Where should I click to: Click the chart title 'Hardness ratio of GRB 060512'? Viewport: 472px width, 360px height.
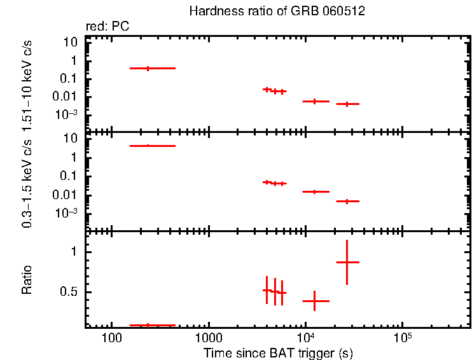tap(277, 11)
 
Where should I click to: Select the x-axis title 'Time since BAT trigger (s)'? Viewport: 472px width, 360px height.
tap(278, 352)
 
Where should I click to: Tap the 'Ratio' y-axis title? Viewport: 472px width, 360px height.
tap(27, 280)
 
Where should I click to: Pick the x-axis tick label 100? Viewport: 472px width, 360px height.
tap(111, 337)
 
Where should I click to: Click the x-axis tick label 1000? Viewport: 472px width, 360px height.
tap(208, 337)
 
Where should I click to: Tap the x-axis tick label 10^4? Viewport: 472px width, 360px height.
tap(305, 337)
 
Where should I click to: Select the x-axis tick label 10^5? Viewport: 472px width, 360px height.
tap(402, 337)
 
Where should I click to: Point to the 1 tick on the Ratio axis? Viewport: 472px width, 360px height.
tap(74, 252)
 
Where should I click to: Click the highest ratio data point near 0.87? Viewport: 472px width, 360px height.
tap(347, 262)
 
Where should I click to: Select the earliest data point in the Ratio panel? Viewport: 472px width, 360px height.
tap(148, 325)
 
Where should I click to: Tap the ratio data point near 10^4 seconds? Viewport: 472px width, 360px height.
tap(314, 301)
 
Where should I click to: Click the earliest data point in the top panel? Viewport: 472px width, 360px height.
tap(148, 68)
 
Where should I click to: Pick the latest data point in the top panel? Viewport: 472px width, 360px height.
tap(347, 104)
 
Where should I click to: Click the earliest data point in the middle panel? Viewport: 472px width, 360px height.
tap(148, 146)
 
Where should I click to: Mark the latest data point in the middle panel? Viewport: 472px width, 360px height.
tap(347, 201)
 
